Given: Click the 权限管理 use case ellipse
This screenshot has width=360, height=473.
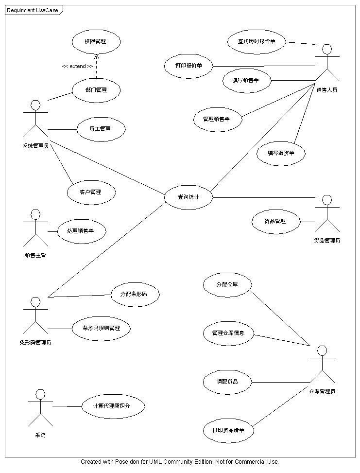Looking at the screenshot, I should [x=96, y=41].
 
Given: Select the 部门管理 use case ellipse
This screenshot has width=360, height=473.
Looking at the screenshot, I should [x=96, y=89].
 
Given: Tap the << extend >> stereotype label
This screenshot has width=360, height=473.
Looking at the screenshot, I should [x=77, y=66].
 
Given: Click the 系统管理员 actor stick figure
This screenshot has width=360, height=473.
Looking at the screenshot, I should [x=35, y=119].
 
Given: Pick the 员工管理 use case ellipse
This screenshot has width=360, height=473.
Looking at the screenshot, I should [x=101, y=129].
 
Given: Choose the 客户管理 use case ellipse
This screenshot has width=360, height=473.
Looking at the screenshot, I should [x=91, y=192].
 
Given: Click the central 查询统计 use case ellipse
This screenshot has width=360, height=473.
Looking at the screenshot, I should [x=189, y=197].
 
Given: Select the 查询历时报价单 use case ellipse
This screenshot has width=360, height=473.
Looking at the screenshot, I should [x=257, y=41].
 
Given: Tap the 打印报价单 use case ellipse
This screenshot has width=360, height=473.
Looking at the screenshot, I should [x=189, y=66].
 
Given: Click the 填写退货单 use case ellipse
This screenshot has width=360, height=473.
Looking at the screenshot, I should [x=281, y=153].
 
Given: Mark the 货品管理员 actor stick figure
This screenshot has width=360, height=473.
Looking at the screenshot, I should [x=327, y=214].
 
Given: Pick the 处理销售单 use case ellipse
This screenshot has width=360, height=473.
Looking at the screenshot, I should [x=81, y=231].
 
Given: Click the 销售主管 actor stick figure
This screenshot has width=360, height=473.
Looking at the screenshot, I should [x=35, y=228].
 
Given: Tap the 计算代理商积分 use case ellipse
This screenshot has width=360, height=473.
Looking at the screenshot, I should [x=113, y=406].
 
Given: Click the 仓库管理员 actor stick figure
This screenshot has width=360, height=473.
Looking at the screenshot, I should [x=322, y=364].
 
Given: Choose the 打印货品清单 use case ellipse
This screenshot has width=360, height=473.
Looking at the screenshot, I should [x=228, y=430].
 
